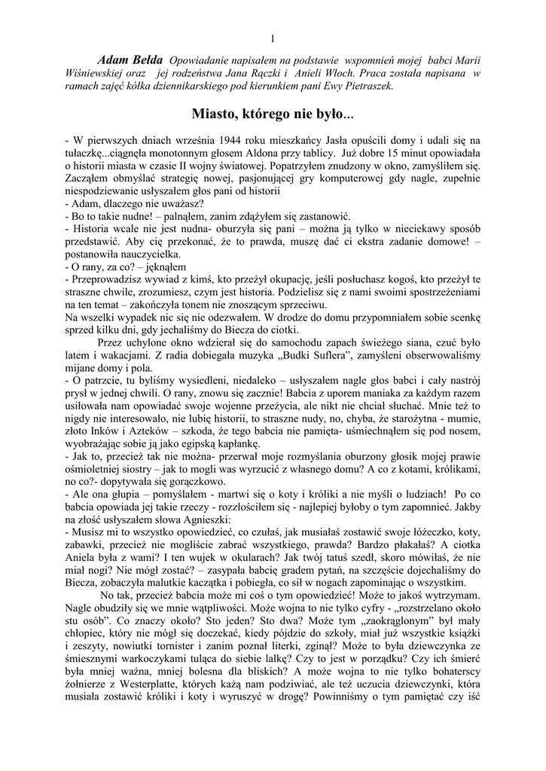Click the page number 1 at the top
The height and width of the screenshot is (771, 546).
[x=273, y=39]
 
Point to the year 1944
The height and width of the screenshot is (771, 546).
[x=224, y=140]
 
